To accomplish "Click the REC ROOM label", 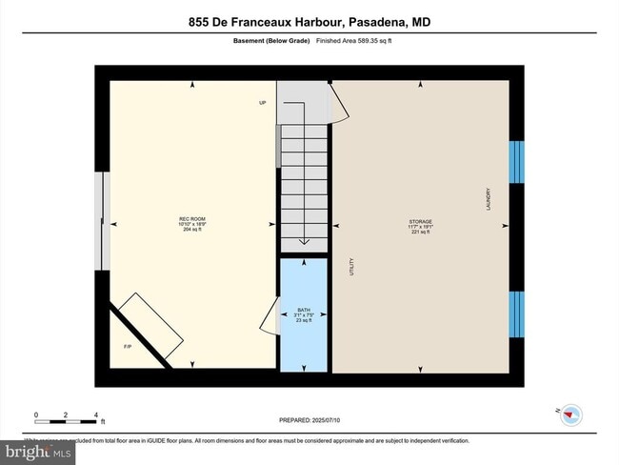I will pyautogui.click(x=193, y=219).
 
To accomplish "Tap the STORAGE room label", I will pyautogui.click(x=420, y=220).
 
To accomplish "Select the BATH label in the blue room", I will pyautogui.click(x=304, y=310).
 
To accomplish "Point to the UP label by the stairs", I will pyautogui.click(x=262, y=103).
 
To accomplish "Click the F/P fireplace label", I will pyautogui.click(x=128, y=346).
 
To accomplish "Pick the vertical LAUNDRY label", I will pyautogui.click(x=488, y=199).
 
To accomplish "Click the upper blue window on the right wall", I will pyautogui.click(x=516, y=162).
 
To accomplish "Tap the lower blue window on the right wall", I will pyautogui.click(x=516, y=315).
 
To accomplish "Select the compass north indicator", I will pyautogui.click(x=570, y=414).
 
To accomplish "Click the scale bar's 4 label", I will pyautogui.click(x=96, y=414).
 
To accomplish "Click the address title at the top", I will pyautogui.click(x=309, y=22).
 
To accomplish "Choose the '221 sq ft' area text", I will pyautogui.click(x=420, y=232).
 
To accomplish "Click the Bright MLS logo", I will pyautogui.click(x=37, y=450).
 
